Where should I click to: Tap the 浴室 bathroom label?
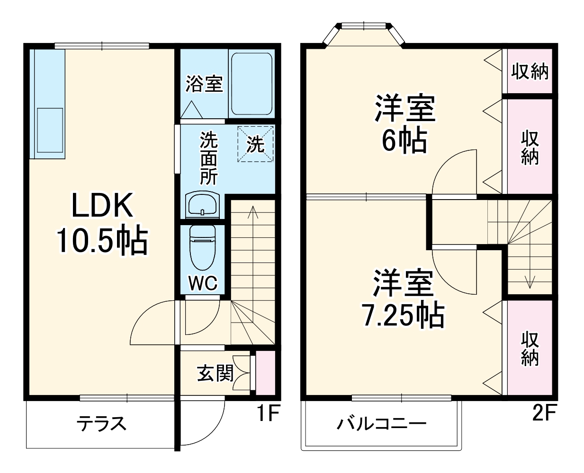pos(204,84)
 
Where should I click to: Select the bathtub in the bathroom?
pos(251,84)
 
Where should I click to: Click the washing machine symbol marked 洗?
pos(255,144)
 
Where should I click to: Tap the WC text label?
pos(203,283)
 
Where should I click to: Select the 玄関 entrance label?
pos(216,373)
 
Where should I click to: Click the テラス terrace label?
pos(102,422)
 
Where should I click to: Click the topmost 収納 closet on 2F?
pos(530,71)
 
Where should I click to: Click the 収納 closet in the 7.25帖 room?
pos(530,349)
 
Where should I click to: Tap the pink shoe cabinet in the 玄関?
pos(265,373)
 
